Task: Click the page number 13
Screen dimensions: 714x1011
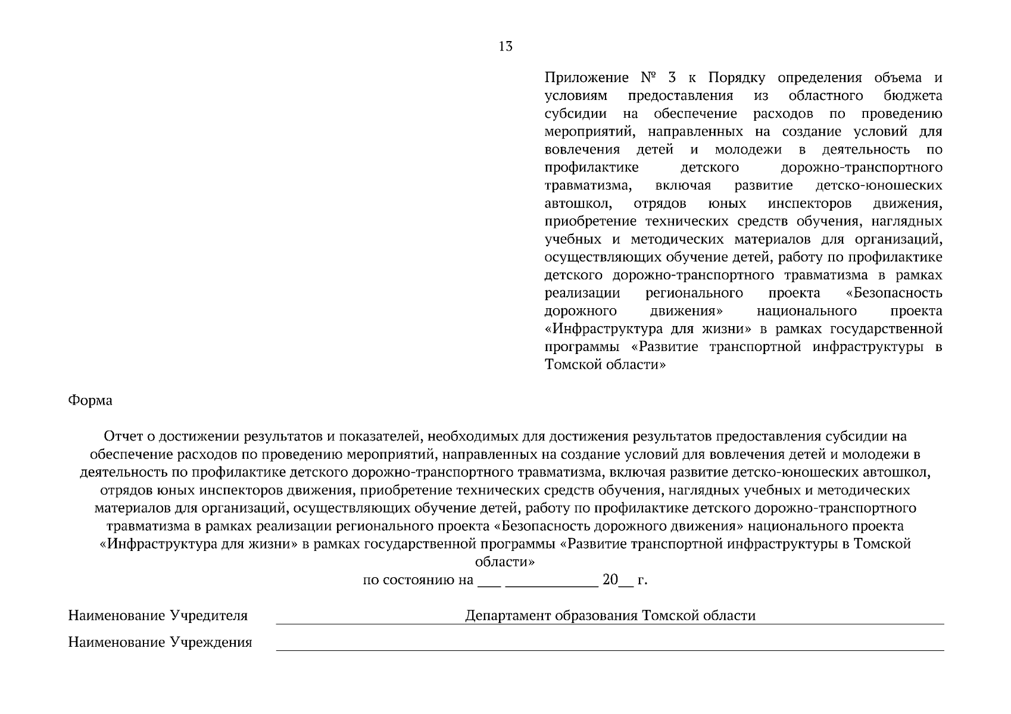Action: click(x=505, y=46)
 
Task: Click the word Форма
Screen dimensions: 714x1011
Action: click(x=90, y=400)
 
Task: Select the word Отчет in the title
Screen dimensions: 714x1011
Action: click(x=123, y=437)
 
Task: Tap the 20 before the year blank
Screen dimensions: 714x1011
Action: click(x=610, y=580)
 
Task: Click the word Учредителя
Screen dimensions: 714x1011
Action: click(x=208, y=615)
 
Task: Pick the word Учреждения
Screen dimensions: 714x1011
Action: click(x=211, y=643)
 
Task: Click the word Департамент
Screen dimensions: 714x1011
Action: click(x=507, y=615)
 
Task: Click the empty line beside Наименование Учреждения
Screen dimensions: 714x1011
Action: click(x=610, y=644)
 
